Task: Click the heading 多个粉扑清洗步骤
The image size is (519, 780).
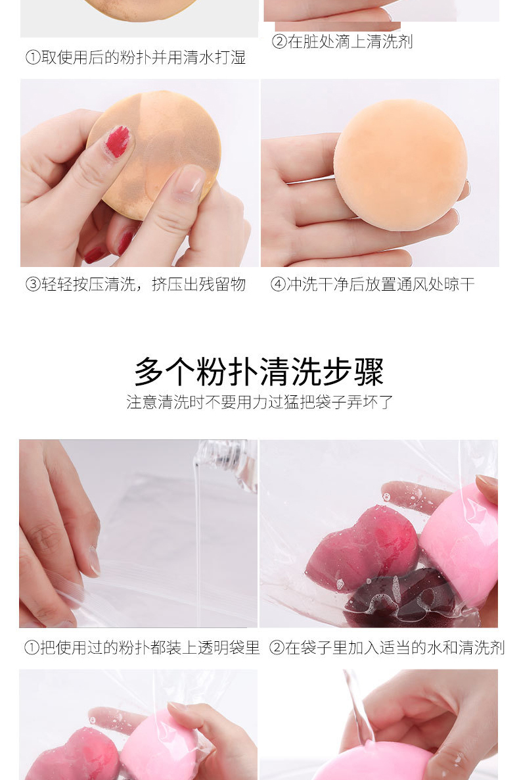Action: pos(259,371)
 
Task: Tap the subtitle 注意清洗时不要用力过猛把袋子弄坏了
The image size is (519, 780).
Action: pos(259,402)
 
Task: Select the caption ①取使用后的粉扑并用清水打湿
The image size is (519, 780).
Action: pos(136,57)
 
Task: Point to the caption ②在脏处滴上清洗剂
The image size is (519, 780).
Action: pos(342,41)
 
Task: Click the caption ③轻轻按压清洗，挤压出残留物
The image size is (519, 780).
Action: pos(136,284)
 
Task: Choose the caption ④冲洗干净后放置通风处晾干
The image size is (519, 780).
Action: pos(372,284)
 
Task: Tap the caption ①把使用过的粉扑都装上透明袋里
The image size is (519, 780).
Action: pos(142,647)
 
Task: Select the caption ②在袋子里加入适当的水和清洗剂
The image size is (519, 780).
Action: pos(387,647)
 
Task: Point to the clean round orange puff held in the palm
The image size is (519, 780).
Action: pos(400,164)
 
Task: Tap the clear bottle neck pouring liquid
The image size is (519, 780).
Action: pos(228,460)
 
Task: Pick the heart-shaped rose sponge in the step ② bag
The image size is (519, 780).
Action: pos(363,547)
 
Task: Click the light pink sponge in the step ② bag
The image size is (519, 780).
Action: pos(460,542)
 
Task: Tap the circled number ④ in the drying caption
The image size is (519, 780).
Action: pos(278,285)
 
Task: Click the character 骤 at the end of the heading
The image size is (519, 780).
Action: pos(369,372)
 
